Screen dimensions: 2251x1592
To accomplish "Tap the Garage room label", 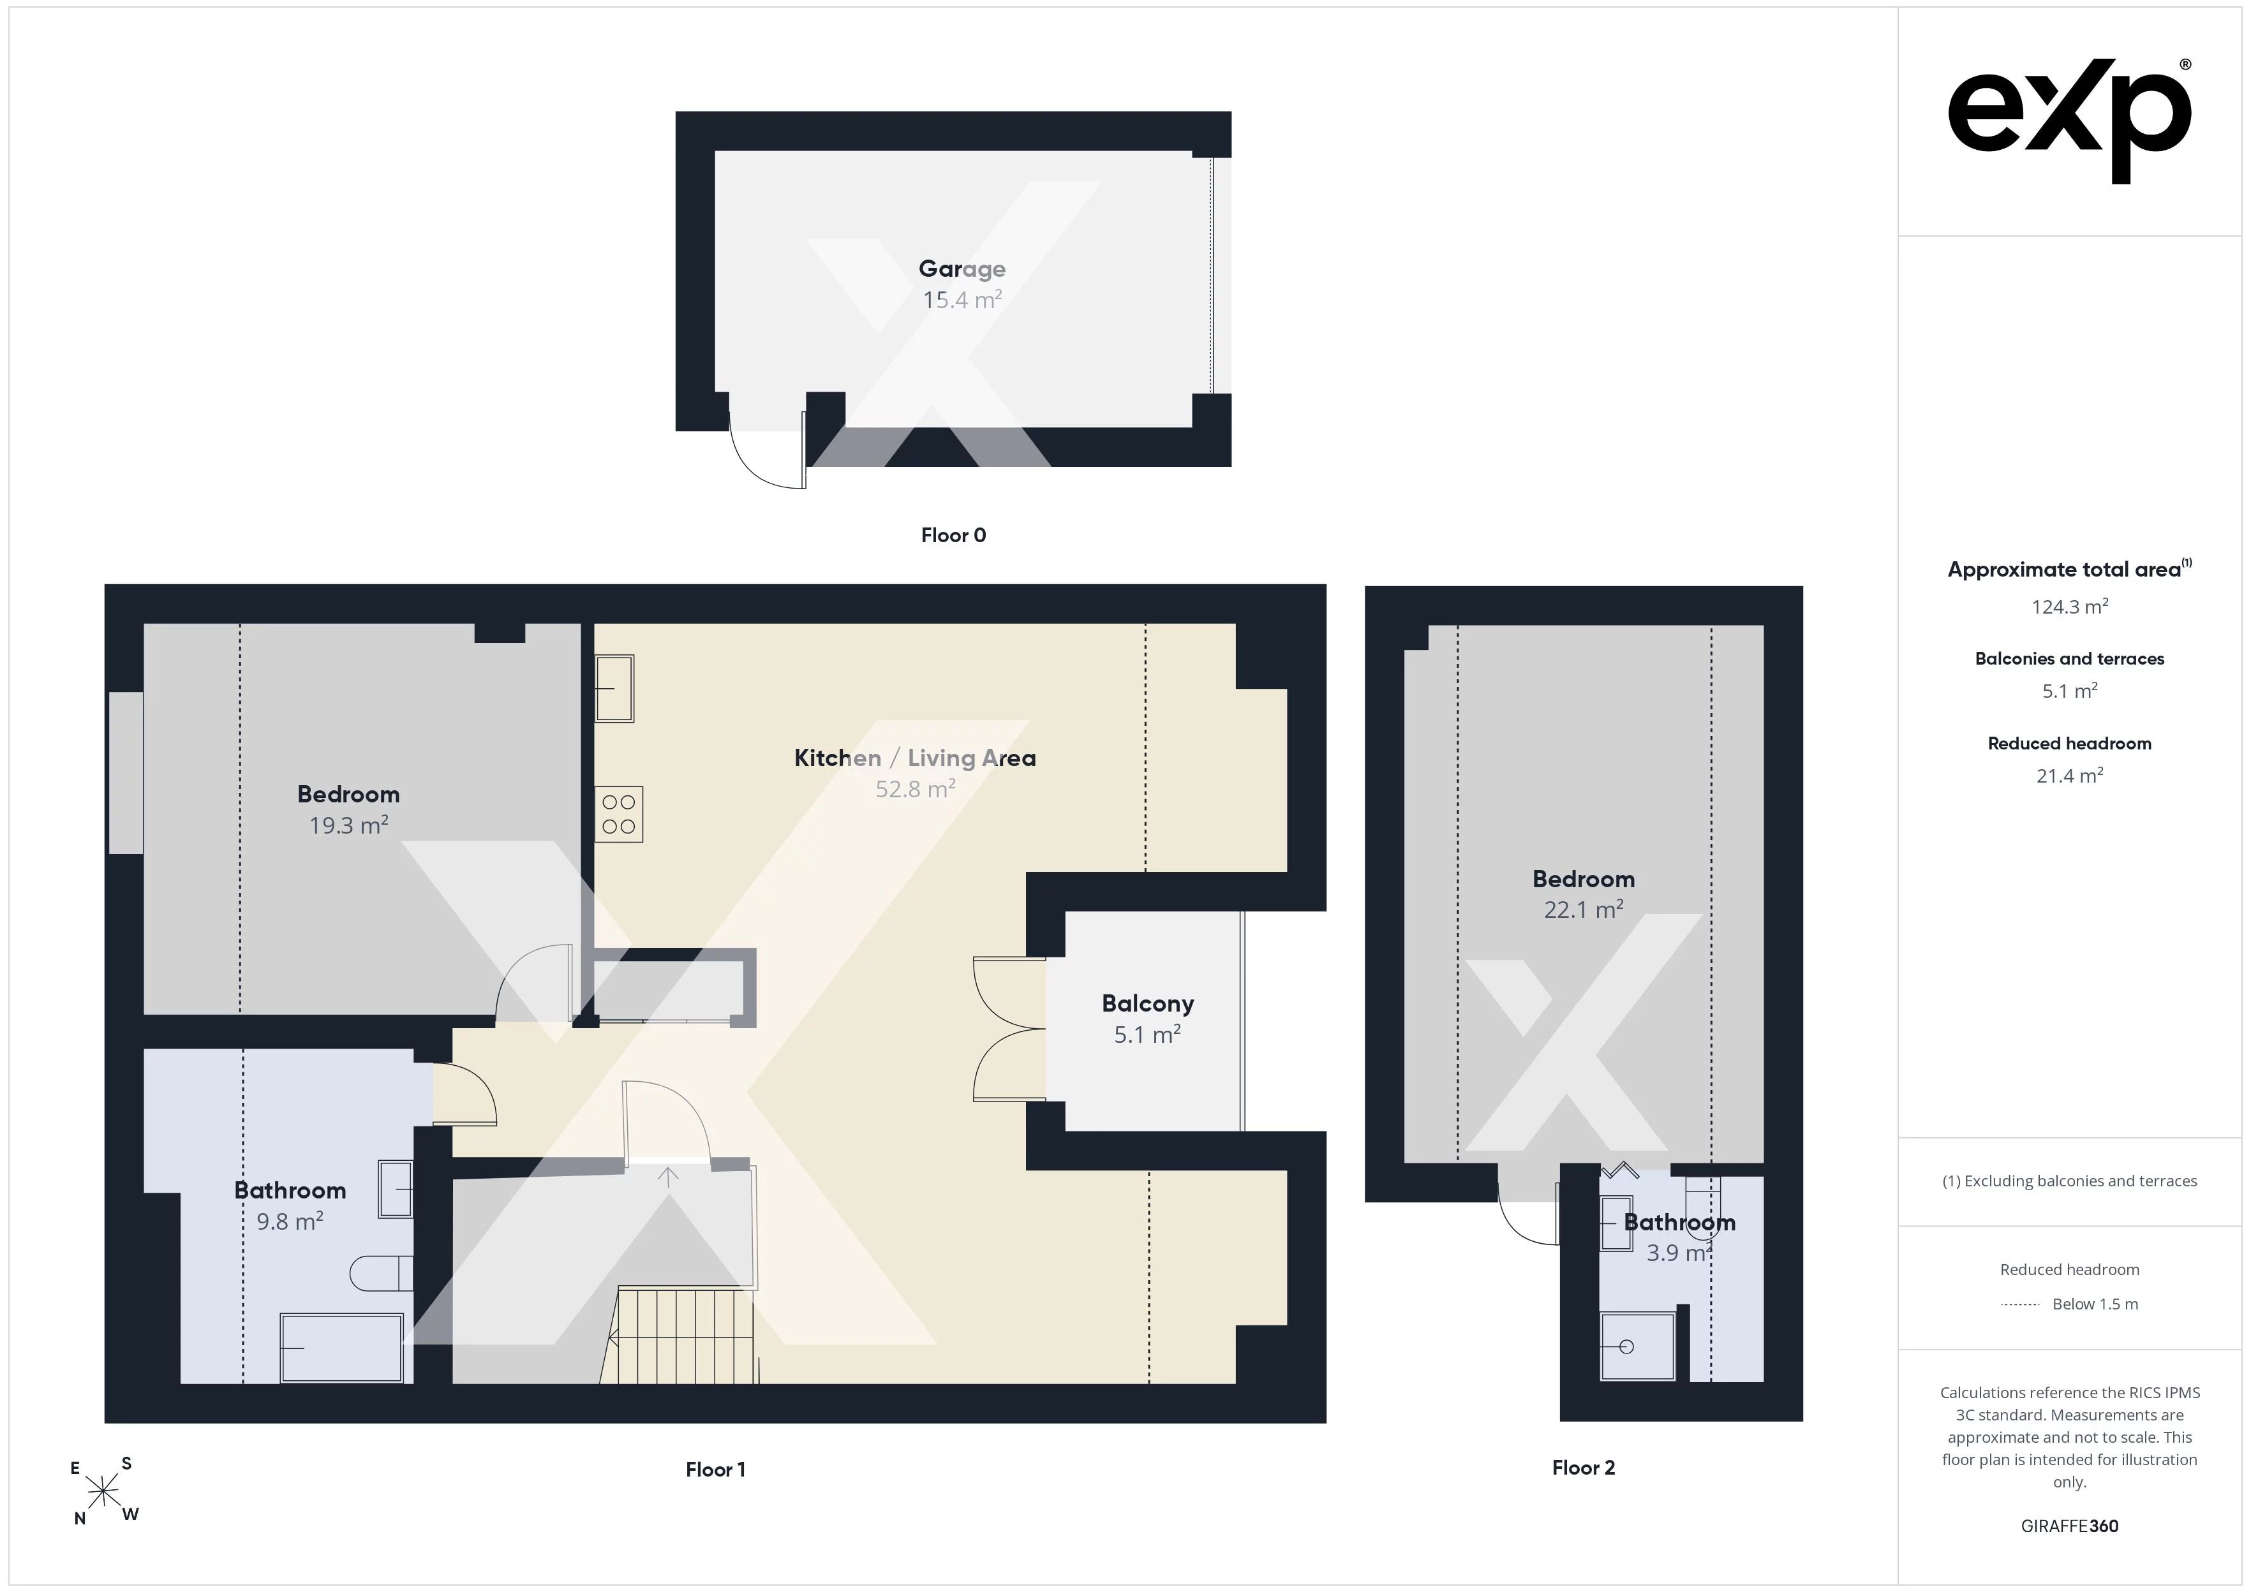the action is click(962, 269).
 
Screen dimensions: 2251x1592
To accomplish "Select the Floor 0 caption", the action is click(953, 535).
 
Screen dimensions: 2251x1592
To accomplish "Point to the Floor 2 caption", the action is click(1584, 1468).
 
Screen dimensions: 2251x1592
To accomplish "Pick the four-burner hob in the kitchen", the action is click(619, 814).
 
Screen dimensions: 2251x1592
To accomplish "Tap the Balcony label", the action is click(1147, 1004).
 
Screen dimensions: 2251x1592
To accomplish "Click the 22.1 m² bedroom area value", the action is click(1584, 910).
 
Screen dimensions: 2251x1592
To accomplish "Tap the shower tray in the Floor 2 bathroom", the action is click(1637, 1346).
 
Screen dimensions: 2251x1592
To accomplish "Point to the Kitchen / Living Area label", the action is click(915, 758).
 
